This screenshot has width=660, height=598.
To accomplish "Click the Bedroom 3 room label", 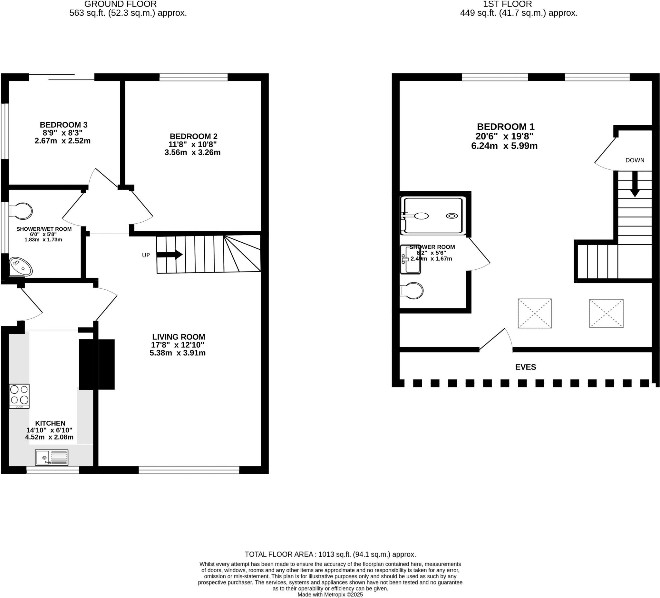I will [x=63, y=125].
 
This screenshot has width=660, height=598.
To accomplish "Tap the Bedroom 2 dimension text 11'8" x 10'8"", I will [x=192, y=144].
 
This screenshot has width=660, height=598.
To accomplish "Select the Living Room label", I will [x=179, y=337].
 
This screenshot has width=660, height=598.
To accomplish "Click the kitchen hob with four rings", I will [x=19, y=396].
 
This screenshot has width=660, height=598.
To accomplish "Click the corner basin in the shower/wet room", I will [x=21, y=267].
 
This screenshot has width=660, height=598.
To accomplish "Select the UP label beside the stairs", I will [x=146, y=255].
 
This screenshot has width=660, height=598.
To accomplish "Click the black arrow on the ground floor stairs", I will [x=169, y=254].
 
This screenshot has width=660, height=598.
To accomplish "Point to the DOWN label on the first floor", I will [x=635, y=160].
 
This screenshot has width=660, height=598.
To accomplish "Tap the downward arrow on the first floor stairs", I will [x=635, y=185].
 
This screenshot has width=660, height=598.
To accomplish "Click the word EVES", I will [x=525, y=367].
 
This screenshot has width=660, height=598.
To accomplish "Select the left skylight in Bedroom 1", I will [x=535, y=313].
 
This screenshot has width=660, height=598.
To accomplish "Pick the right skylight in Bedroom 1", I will [x=606, y=313].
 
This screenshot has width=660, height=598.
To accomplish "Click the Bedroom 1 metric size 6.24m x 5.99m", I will [x=504, y=146].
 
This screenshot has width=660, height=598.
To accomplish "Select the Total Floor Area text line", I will [x=330, y=555].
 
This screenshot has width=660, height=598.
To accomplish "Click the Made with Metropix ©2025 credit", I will [x=330, y=595].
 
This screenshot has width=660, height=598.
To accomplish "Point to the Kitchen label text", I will [x=50, y=423].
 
